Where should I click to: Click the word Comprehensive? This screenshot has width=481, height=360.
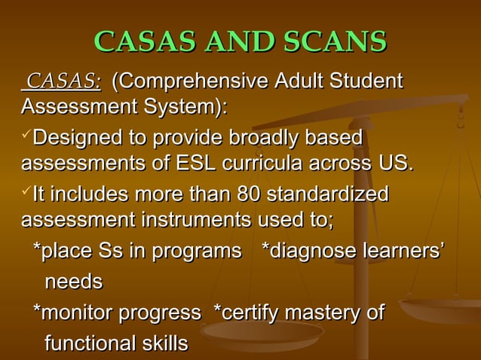tap(186, 81)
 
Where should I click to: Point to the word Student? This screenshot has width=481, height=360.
tap(365, 81)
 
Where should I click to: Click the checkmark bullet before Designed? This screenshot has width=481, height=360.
tap(28, 136)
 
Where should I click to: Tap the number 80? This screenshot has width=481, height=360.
tap(250, 196)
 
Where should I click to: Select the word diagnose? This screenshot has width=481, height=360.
tap(314, 252)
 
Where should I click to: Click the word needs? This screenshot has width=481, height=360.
tap(74, 282)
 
